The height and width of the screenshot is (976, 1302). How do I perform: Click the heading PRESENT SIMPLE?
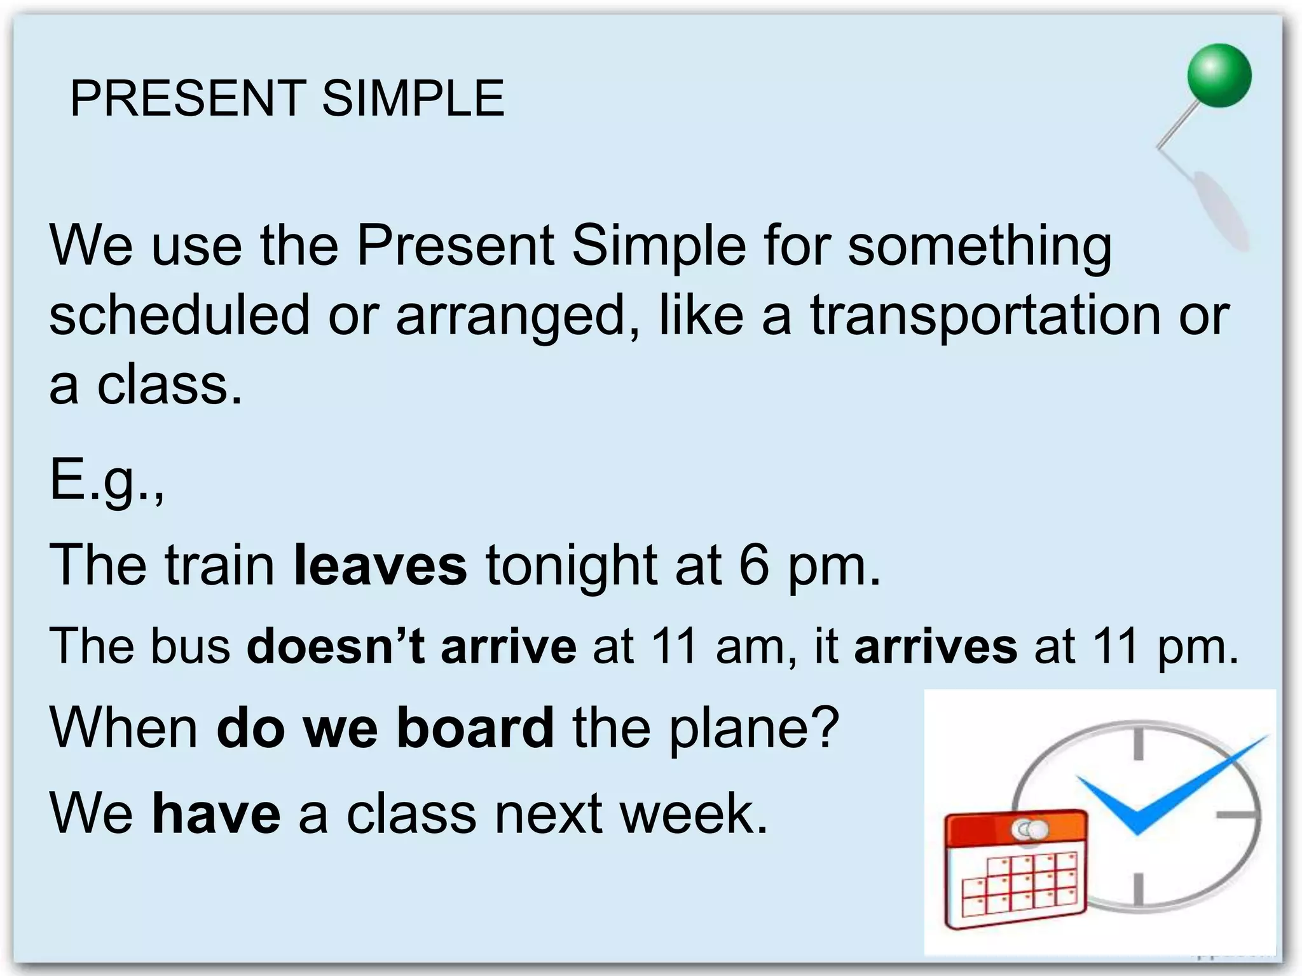click(x=287, y=98)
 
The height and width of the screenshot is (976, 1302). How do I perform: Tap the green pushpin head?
click(x=1219, y=76)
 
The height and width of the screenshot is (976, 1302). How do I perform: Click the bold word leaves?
click(x=380, y=565)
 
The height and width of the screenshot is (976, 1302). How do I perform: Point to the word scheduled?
click(x=179, y=316)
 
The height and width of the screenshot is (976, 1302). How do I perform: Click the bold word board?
click(x=475, y=728)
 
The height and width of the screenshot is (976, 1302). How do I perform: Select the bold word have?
click(x=216, y=813)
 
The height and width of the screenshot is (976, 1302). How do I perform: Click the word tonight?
click(x=572, y=565)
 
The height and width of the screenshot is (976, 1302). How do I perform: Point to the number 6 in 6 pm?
click(x=754, y=565)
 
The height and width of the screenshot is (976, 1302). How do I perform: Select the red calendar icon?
click(x=1016, y=871)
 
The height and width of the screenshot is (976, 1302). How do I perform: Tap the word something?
click(x=980, y=246)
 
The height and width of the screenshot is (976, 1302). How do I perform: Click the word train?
click(x=219, y=565)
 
